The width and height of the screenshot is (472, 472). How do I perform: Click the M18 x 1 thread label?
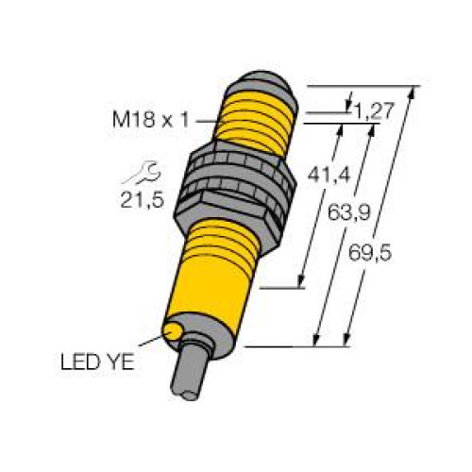point(150,120)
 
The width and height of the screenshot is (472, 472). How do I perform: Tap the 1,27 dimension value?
point(374,111)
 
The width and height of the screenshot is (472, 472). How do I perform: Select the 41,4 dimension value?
point(329,175)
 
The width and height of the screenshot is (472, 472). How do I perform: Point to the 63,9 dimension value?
point(349,212)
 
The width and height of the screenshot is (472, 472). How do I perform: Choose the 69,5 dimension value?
point(370,253)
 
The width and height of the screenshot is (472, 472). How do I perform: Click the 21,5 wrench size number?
point(143,200)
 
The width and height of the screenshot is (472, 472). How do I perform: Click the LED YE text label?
point(97,362)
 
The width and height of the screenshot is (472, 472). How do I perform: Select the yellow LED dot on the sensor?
point(172,331)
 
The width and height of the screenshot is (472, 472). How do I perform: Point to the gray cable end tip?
point(190,396)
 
